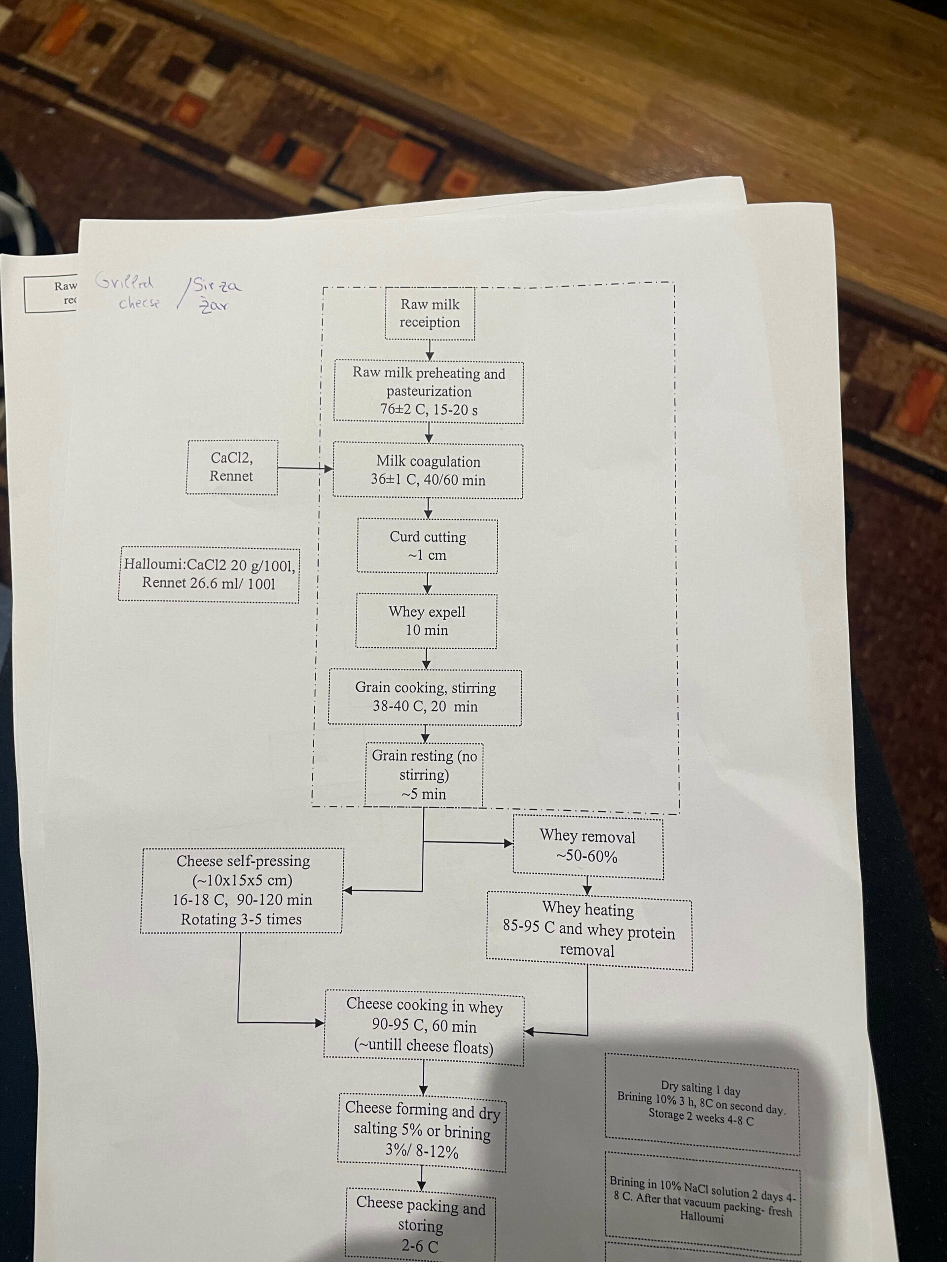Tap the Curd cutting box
pyautogui.click(x=427, y=546)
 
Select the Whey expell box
pyautogui.click(x=427, y=621)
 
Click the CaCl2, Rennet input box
pyautogui.click(x=232, y=467)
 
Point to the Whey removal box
pyautogui.click(x=588, y=846)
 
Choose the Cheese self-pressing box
pyautogui.click(x=242, y=889)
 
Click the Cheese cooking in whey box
pyautogui.click(x=424, y=1026)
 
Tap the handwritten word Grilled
pyautogui.click(x=124, y=281)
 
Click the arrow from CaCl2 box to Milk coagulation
pyautogui.click(x=305, y=468)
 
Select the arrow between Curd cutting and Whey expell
pyautogui.click(x=427, y=584)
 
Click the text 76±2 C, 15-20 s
pyautogui.click(x=429, y=410)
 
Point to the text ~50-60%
pyautogui.click(x=587, y=856)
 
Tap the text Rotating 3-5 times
pyautogui.click(x=242, y=919)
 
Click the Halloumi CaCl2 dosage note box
pyautogui.click(x=209, y=574)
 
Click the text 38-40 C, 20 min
pyautogui.click(x=425, y=706)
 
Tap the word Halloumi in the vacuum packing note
pyautogui.click(x=701, y=1218)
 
